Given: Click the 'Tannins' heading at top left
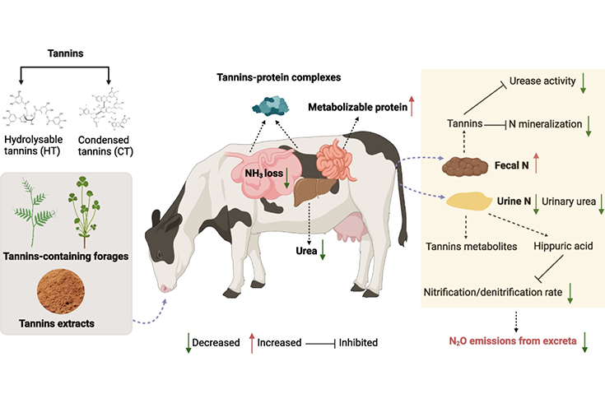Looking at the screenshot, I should [x=76, y=57].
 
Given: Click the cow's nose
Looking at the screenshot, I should [x=164, y=287].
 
